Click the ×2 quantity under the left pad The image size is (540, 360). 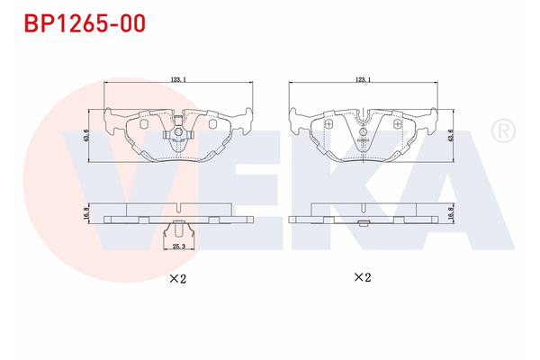point(178,278)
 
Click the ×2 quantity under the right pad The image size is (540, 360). point(362,277)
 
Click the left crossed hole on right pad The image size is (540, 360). point(328,124)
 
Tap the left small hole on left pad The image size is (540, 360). point(144,125)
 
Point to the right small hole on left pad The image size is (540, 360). point(212,125)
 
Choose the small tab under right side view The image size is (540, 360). point(364,224)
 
